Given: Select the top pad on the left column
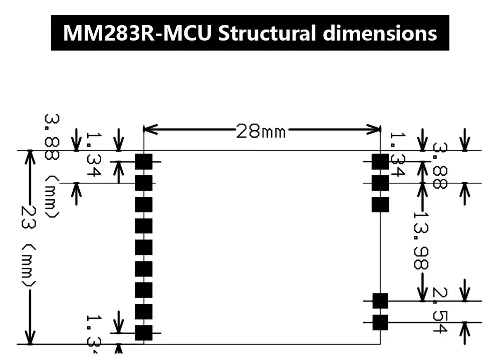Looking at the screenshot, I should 144,162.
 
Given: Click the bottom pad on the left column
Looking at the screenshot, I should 144,332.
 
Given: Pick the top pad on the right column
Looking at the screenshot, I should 380,162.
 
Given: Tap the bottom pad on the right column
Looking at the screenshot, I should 380,322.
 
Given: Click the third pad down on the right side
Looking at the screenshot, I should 380,204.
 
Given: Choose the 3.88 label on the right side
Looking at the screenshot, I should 439,166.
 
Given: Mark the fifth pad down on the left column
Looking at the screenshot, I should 144,247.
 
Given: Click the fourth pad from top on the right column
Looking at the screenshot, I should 380,301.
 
